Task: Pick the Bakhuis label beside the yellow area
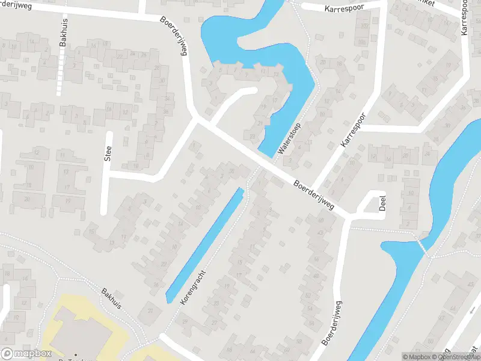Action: point(111,297)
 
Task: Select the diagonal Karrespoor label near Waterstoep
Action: point(353,132)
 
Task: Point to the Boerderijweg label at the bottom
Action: point(331,322)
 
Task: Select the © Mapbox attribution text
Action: point(417,356)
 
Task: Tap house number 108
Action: point(361,43)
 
